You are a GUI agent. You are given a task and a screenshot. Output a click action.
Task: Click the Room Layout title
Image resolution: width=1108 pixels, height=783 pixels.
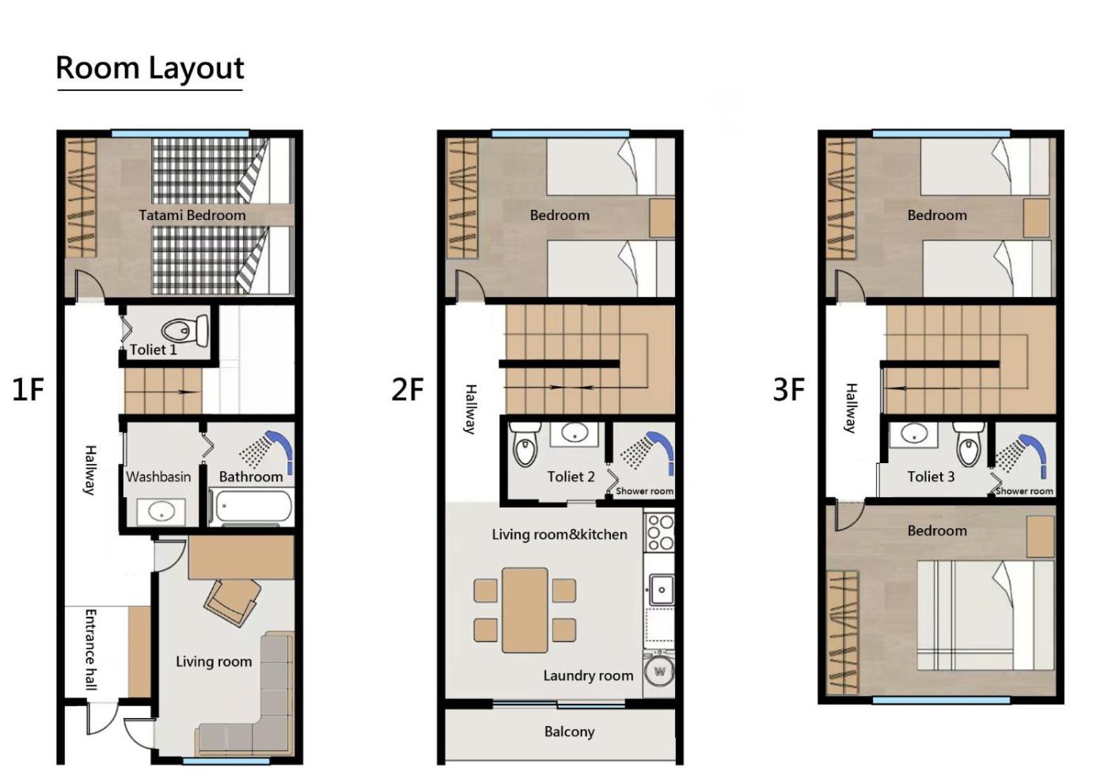point(150,68)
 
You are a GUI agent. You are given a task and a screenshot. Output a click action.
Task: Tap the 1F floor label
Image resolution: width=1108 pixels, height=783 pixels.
point(28,389)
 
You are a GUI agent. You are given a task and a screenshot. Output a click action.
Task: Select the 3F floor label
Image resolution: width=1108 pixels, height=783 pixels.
point(788,389)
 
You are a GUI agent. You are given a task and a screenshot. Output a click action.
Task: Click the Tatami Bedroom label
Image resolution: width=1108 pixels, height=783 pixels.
point(192,215)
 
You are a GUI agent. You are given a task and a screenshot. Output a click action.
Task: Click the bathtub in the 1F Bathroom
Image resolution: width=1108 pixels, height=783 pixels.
point(250,507)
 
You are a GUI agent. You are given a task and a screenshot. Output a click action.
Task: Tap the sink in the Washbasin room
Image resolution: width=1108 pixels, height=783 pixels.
point(161,511)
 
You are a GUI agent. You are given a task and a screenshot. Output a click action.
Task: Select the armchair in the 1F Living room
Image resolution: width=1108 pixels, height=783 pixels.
point(232,602)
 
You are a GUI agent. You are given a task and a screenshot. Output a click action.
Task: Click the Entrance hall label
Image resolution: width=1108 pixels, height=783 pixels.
point(90,649)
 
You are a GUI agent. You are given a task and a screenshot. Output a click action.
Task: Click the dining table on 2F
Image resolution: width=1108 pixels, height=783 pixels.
point(525,610)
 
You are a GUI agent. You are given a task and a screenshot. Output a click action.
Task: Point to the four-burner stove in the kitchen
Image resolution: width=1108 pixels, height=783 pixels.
point(660,533)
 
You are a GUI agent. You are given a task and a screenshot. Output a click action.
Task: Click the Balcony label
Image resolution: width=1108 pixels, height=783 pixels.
point(569,732)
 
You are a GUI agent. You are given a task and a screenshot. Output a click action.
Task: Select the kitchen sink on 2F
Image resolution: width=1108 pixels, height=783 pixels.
point(661,590)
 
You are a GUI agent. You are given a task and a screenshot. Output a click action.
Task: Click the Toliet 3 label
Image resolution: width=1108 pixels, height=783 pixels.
point(931,477)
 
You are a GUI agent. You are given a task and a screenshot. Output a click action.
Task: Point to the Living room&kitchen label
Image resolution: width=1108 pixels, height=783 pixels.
point(560,534)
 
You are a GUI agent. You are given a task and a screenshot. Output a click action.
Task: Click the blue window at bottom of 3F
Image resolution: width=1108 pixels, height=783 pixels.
point(941,701)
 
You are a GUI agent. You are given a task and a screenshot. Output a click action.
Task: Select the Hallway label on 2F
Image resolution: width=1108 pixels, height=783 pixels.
point(471,409)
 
